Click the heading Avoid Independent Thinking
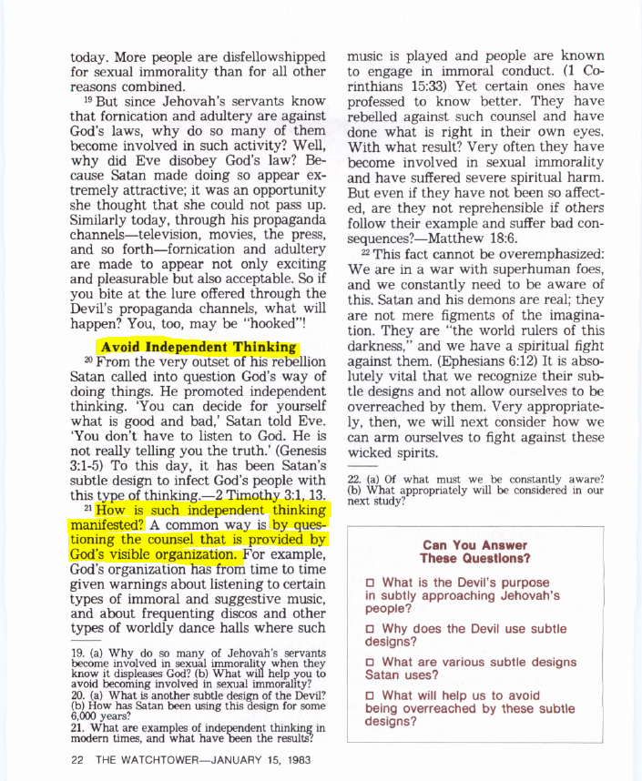coord(198,347)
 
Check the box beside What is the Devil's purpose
coord(370,583)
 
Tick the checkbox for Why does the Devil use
coord(370,629)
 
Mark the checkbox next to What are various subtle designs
coord(370,662)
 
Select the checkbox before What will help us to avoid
coord(370,695)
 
